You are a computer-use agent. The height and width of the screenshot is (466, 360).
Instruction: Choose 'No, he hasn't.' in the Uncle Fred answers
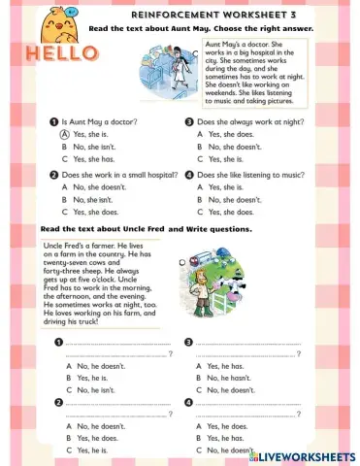pos(229,377)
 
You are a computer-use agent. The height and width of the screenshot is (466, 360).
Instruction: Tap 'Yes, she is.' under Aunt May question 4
pos(227,186)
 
